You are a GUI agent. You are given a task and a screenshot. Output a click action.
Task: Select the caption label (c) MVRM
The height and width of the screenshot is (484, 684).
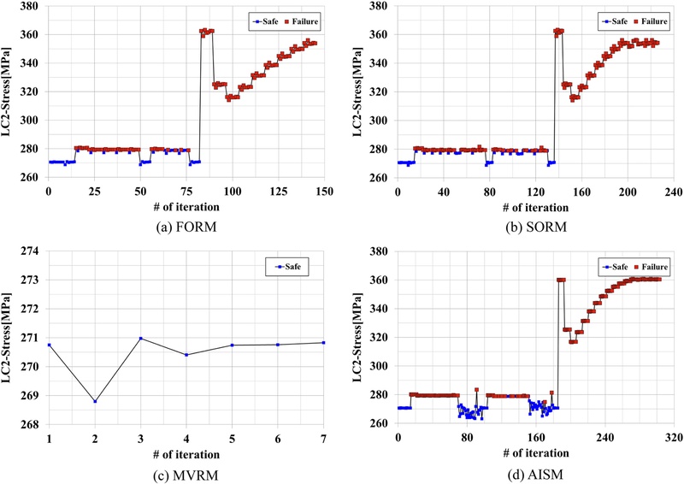[x=186, y=470]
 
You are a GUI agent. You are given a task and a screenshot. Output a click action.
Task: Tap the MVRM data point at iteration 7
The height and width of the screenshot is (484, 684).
[x=323, y=343]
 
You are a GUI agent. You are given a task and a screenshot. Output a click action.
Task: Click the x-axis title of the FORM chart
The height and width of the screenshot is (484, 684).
[x=186, y=206]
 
